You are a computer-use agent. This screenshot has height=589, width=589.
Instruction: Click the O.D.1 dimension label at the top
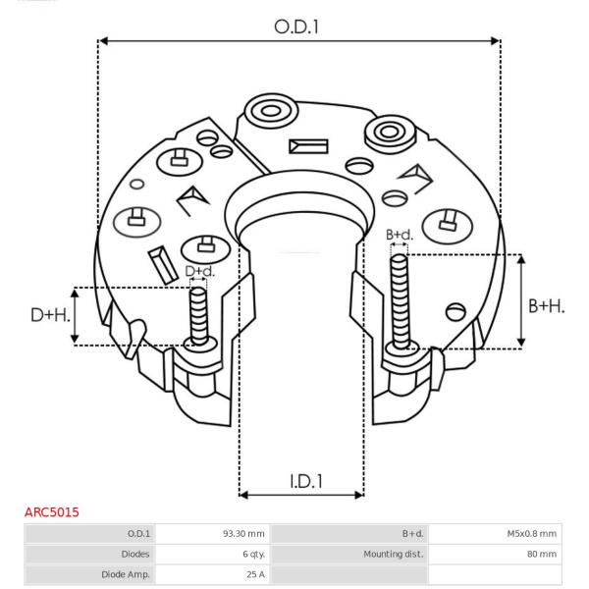pos(296,27)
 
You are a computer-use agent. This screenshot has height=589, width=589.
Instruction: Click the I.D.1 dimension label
pos(306,481)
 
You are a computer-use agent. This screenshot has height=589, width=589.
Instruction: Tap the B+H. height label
pos(547,306)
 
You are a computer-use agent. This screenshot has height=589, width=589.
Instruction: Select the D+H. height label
pos(51,315)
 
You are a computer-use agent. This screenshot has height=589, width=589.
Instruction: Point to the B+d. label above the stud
pos(400,236)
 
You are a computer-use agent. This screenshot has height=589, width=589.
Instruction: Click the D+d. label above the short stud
pos(200,271)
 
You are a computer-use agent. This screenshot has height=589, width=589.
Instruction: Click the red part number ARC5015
pos(52,512)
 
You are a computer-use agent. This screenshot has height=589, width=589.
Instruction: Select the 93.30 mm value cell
pos(243,533)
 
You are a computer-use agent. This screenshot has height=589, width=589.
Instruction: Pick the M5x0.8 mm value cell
pos(531,533)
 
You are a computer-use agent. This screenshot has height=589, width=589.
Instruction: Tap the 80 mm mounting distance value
pos(542,554)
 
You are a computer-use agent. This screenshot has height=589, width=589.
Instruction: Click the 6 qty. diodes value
pos(254,554)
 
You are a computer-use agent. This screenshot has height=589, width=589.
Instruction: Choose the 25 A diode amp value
pos(256,574)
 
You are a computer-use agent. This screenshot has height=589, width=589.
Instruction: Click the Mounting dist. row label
pos(394,554)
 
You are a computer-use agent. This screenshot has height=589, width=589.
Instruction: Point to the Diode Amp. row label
pos(126,574)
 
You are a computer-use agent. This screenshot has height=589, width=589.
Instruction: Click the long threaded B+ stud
pos(400,301)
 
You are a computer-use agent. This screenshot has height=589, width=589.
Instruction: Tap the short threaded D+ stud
pos(198,316)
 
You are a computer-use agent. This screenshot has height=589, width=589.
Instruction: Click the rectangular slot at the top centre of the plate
pos(308,146)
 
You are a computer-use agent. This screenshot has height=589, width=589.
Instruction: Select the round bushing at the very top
pos(271,111)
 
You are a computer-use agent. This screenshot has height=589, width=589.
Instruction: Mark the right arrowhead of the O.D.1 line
pos(496,40)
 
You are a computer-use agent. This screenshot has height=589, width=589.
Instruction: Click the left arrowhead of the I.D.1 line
pos(243,495)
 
